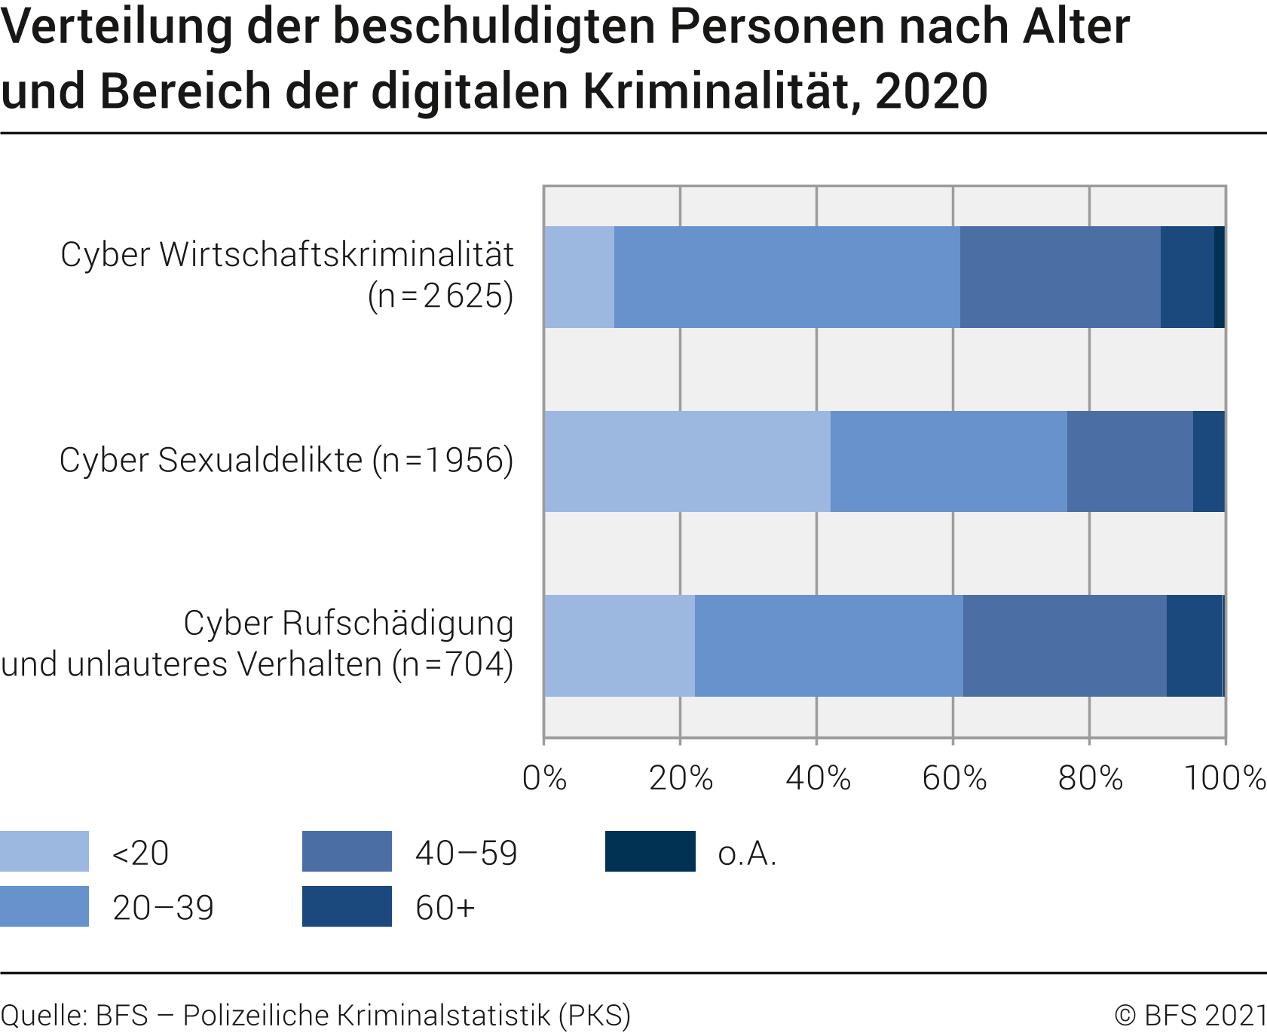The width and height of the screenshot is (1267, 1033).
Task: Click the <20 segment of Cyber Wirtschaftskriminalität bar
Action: click(x=579, y=277)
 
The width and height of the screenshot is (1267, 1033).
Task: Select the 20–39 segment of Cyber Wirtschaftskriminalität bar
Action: click(x=787, y=277)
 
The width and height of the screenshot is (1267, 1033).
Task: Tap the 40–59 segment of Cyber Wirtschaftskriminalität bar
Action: click(x=1060, y=277)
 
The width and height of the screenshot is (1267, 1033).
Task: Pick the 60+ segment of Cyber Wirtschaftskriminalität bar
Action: click(x=1187, y=277)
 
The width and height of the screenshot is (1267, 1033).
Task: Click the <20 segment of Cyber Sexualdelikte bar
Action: click(x=687, y=461)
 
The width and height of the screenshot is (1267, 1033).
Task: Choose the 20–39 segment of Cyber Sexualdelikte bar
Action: click(x=948, y=461)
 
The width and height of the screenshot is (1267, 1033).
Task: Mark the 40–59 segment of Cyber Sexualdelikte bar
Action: click(x=1130, y=461)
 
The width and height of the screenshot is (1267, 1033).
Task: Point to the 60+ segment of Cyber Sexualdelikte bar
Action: click(x=1208, y=461)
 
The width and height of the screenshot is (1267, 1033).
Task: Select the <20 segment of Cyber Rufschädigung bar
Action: click(x=619, y=645)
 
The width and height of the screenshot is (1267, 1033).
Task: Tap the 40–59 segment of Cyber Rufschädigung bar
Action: click(x=1064, y=645)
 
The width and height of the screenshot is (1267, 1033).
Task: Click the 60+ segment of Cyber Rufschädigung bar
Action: click(x=1194, y=645)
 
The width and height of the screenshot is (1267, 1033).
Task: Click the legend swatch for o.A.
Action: click(x=650, y=851)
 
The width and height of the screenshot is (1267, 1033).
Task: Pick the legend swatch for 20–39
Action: click(x=44, y=906)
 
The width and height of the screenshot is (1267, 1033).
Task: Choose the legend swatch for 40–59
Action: click(x=347, y=851)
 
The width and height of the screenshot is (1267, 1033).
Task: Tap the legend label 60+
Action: click(x=445, y=908)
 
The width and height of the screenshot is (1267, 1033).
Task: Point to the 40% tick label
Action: click(x=818, y=778)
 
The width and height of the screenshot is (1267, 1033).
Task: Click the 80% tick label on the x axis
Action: click(x=1090, y=778)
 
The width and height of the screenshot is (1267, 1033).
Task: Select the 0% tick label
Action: click(x=544, y=778)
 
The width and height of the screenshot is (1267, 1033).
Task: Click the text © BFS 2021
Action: click(x=1190, y=1015)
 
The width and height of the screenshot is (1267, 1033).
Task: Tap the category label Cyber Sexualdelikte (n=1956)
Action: click(x=286, y=460)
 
